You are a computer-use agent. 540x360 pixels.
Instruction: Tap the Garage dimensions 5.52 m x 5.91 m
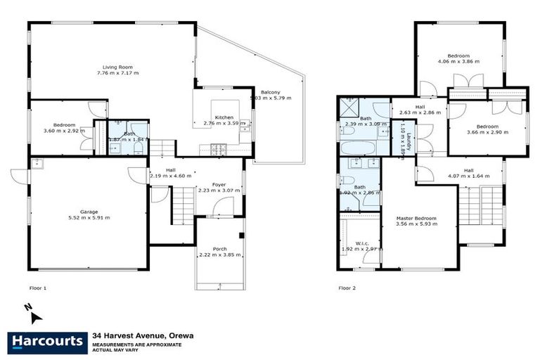point(89,218)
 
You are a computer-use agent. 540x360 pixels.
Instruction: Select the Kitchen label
point(224,117)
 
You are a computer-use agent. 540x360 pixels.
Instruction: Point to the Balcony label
point(271,92)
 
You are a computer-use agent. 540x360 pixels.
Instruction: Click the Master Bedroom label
point(416,219)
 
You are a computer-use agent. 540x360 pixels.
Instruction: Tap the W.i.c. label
point(363,243)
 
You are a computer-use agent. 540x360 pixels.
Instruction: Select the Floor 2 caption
point(347,288)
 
